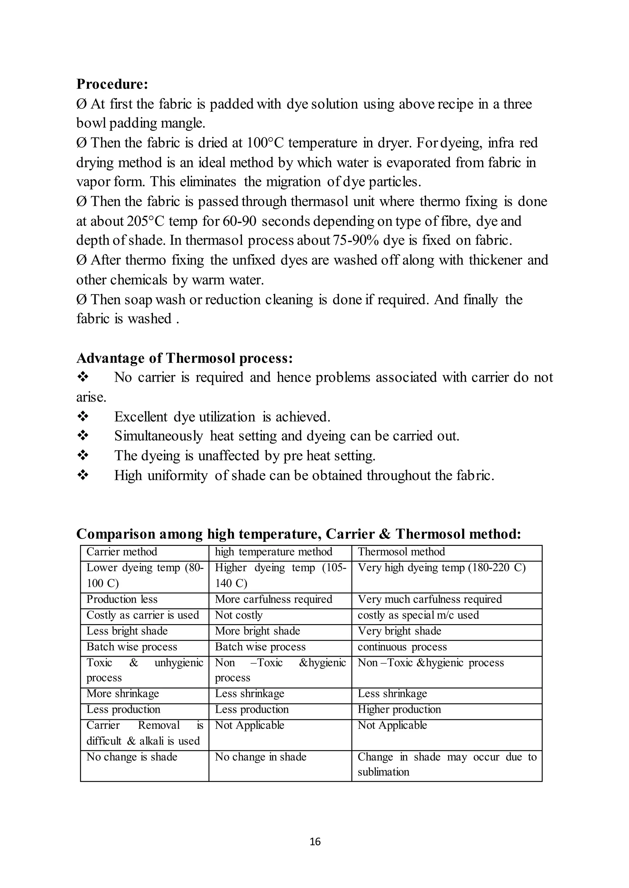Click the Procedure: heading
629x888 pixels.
point(112,84)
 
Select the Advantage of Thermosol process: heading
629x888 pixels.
point(184,358)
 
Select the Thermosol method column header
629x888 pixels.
point(401,552)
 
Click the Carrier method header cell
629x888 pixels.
point(122,552)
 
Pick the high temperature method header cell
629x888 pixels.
point(273,552)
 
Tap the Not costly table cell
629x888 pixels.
point(239,615)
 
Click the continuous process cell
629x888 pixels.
point(402,647)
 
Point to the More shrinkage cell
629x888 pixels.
point(123,693)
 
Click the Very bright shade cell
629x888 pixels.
point(399,631)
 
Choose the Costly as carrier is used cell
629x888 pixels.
point(143,615)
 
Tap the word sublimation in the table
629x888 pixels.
point(383,772)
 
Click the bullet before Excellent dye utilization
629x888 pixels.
point(83,417)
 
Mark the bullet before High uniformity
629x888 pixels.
point(83,475)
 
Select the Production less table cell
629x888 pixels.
point(122,599)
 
